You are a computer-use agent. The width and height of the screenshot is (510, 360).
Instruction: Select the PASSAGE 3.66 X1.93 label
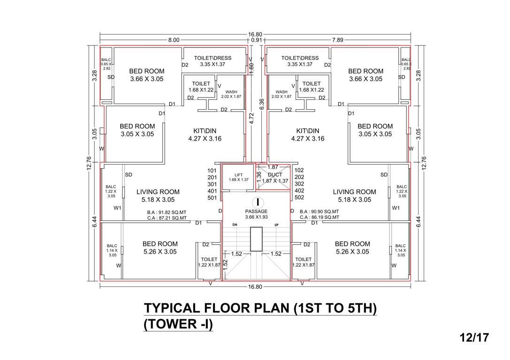click(x=256, y=215)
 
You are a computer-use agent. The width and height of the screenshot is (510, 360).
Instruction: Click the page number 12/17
click(x=474, y=337)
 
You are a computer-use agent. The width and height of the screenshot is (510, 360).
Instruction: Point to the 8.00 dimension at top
click(x=174, y=40)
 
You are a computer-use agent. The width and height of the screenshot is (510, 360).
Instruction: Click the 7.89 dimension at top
click(x=337, y=40)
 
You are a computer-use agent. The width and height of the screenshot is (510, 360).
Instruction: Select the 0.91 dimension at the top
click(x=257, y=40)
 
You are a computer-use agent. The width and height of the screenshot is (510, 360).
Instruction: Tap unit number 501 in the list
click(x=213, y=198)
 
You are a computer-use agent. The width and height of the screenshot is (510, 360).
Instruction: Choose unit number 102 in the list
click(x=299, y=171)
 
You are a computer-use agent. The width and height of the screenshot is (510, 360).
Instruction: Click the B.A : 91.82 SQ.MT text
click(x=167, y=212)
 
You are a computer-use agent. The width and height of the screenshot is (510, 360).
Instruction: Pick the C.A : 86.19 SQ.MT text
click(x=319, y=218)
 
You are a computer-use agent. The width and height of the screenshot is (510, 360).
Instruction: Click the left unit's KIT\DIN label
click(x=204, y=131)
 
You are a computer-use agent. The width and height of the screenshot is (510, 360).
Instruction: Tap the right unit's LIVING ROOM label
click(x=354, y=192)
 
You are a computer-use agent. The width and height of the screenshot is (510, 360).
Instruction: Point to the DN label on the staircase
click(x=235, y=225)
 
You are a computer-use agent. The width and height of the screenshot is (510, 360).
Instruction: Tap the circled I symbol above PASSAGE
click(x=257, y=202)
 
